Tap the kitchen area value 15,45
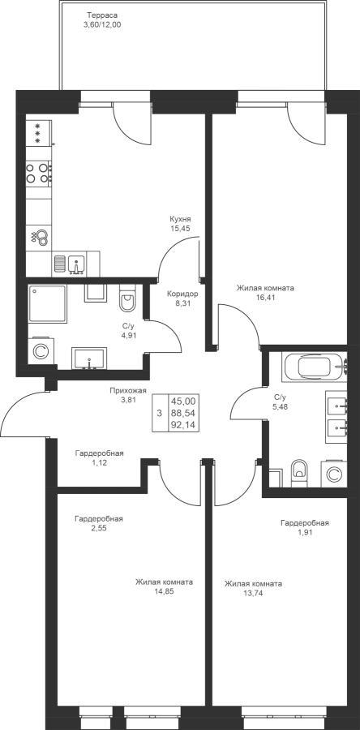coord(181,228)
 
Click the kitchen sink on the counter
coord(76,264)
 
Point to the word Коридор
coord(182,294)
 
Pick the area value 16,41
coord(265,298)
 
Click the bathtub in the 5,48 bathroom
coord(315,367)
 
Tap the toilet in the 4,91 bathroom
coord(126,298)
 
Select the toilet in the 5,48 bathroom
coord(299,474)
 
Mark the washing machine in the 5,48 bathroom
coord(334,474)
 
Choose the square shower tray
coord(48,304)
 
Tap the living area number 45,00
coord(183,401)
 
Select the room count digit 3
coord(160,413)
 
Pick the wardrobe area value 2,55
coord(99,528)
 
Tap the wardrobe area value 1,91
coord(305,533)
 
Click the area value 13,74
coord(253,593)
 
